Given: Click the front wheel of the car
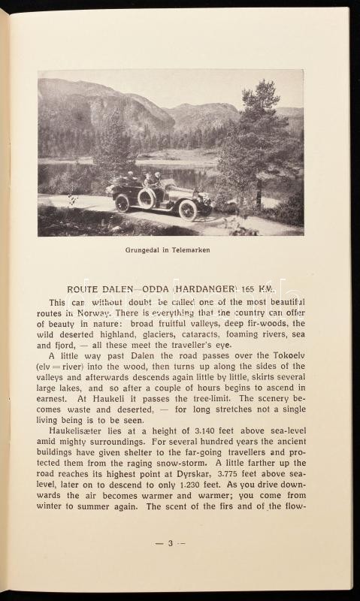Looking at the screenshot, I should point(188,210).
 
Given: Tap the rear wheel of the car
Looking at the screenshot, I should point(123,203).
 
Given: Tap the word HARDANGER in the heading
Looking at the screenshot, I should point(208,288).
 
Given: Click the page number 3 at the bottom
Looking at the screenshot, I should point(171,543).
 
